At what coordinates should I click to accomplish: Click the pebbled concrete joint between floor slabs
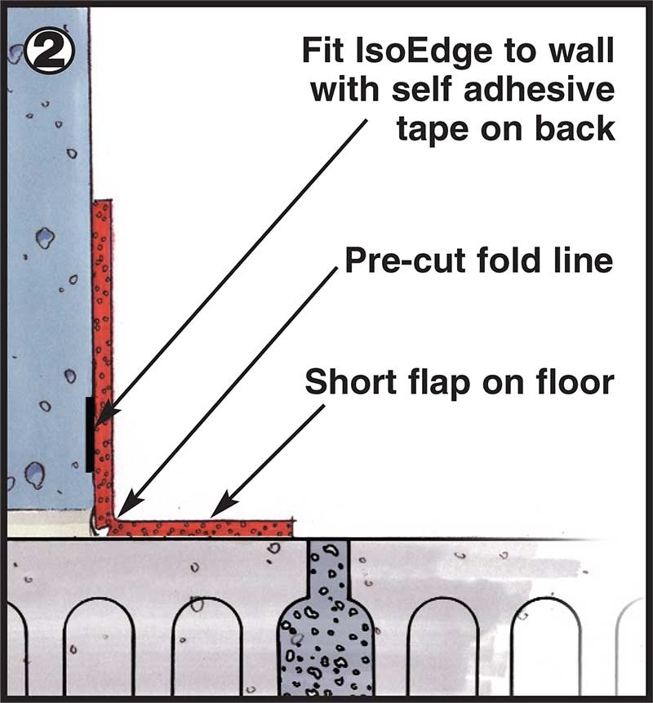326,621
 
